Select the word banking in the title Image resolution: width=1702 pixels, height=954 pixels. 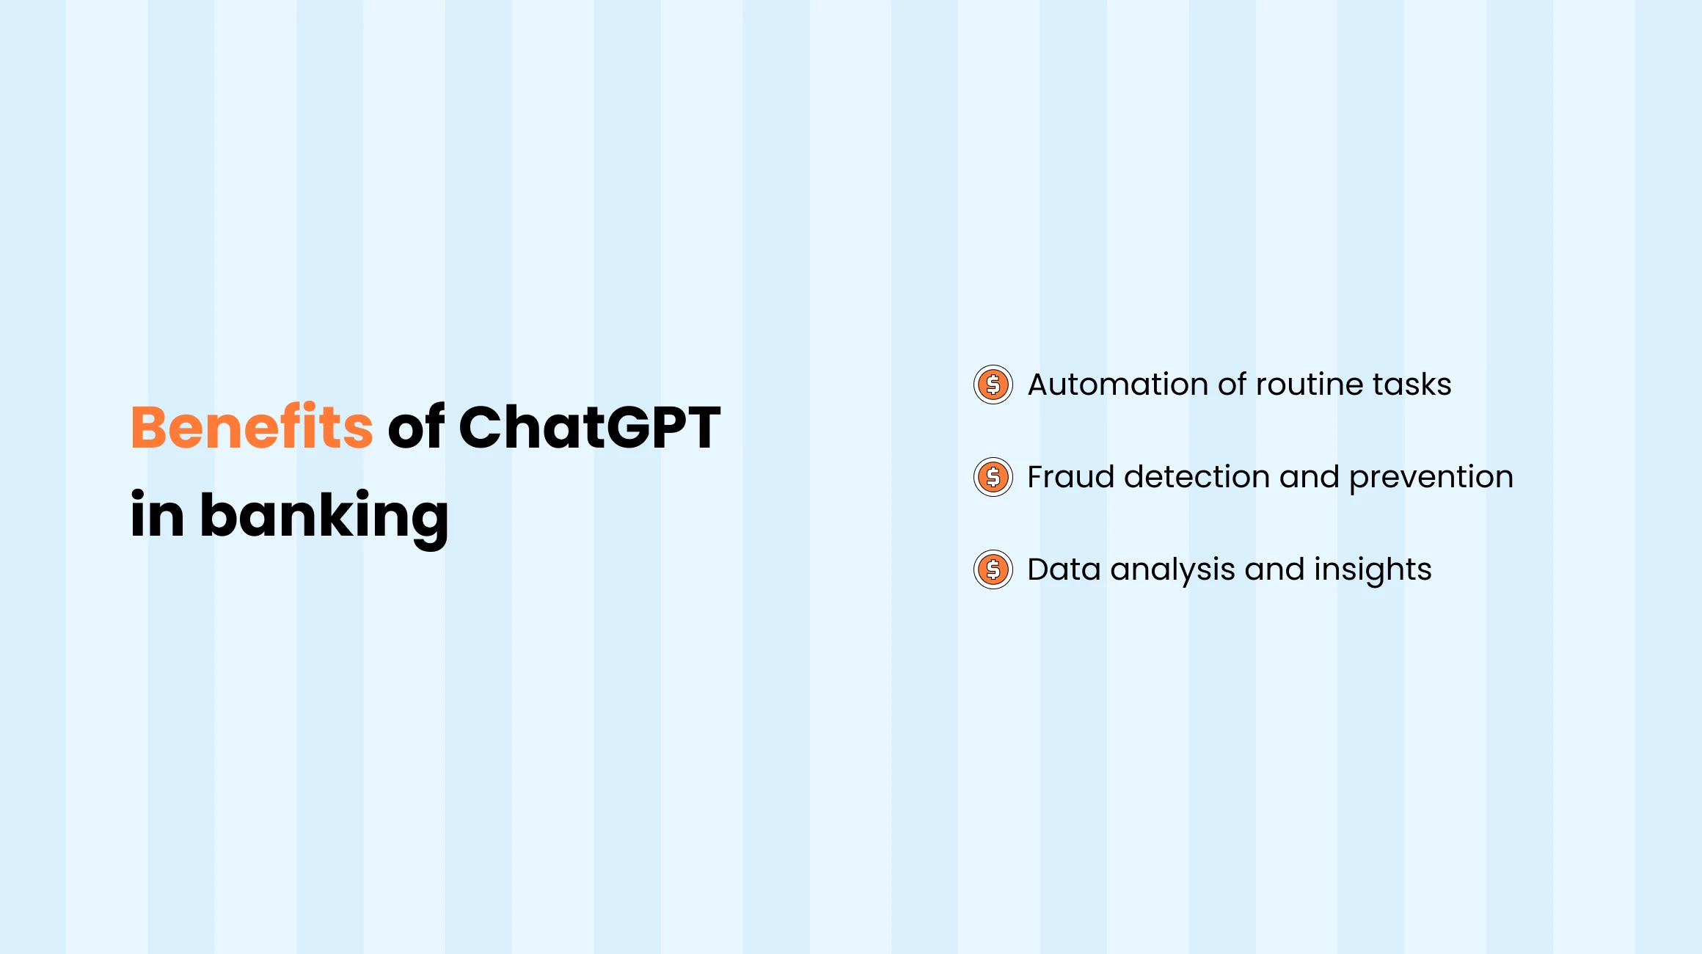pyautogui.click(x=324, y=516)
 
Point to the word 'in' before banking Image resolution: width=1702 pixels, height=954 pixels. pyautogui.click(x=157, y=514)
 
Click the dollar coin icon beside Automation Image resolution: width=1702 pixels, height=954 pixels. pyautogui.click(x=993, y=385)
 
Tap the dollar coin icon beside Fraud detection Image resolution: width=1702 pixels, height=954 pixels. pyautogui.click(x=993, y=477)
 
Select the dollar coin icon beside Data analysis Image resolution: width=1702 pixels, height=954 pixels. pyautogui.click(x=993, y=569)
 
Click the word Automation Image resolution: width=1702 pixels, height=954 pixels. pyautogui.click(x=1118, y=385)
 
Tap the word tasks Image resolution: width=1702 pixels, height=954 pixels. pyautogui.click(x=1411, y=385)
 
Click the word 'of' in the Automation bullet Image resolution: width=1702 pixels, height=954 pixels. pyautogui.click(x=1232, y=385)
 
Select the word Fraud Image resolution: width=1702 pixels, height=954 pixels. pyautogui.click(x=1070, y=477)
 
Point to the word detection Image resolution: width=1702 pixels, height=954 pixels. pyautogui.click(x=1197, y=477)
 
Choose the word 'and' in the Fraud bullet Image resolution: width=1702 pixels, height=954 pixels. pyautogui.click(x=1309, y=477)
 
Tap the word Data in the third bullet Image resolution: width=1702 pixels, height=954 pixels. pyautogui.click(x=1064, y=569)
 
